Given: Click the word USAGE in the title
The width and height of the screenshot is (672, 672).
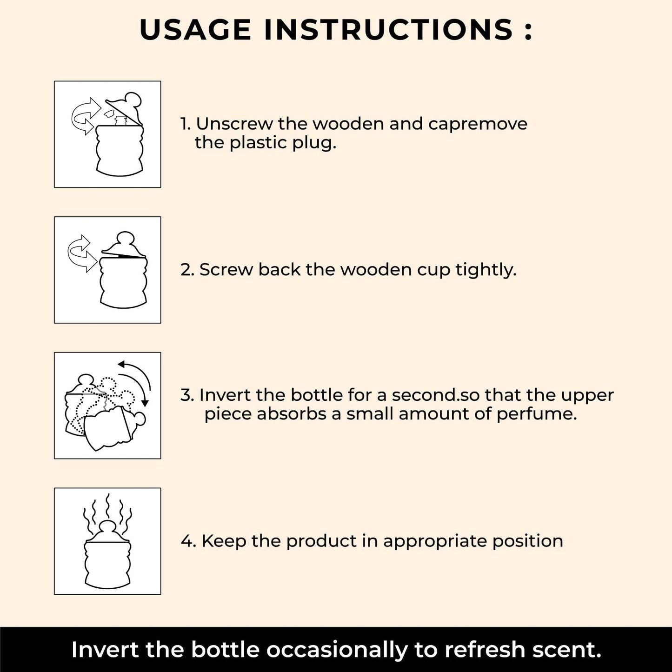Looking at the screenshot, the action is (195, 30).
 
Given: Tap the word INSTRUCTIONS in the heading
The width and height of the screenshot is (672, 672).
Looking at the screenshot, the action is (388, 30).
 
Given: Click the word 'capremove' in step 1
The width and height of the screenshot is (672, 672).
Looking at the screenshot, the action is (478, 125).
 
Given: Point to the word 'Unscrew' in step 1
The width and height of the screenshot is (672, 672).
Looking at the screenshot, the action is (235, 124).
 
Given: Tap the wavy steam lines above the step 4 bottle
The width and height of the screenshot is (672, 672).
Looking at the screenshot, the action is (108, 512).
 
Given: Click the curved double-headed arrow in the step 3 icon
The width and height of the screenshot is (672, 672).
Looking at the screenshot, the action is (138, 381).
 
